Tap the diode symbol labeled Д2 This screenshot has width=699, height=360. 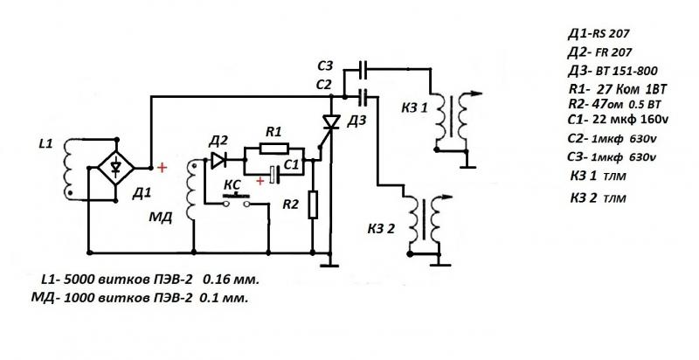point(218,160)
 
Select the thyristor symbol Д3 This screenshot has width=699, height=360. point(331,121)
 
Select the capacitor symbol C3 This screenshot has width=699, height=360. point(362,67)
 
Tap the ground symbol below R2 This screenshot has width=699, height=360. point(329,258)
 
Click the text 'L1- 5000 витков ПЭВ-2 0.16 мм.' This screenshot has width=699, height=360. point(149,280)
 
